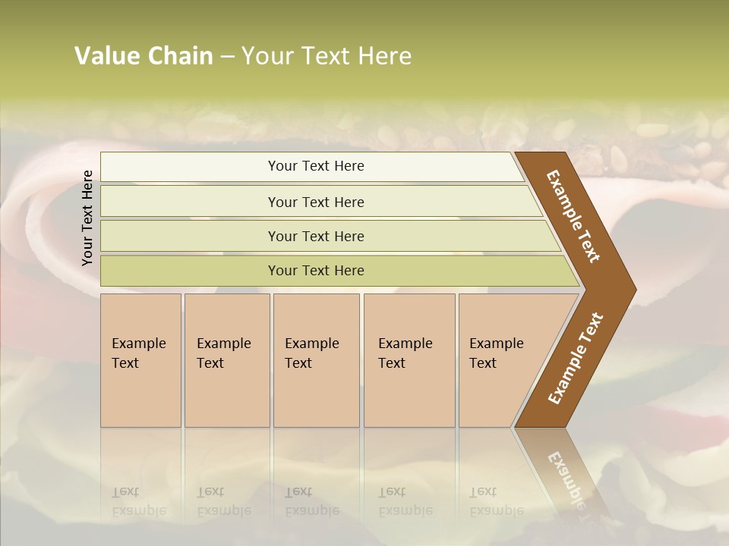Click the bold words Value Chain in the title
coord(144,56)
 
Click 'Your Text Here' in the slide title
coord(327,56)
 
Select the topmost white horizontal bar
coord(190,167)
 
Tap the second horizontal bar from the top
coord(190,202)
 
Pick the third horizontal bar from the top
coord(190,236)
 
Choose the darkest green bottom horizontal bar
coord(190,271)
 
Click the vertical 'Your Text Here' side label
coord(87,218)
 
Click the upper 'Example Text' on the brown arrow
coord(573,216)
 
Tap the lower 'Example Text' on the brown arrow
coord(576,359)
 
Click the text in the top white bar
coord(316,166)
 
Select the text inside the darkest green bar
coord(316,271)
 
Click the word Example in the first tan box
coord(138,344)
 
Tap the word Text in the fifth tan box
coord(482,363)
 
